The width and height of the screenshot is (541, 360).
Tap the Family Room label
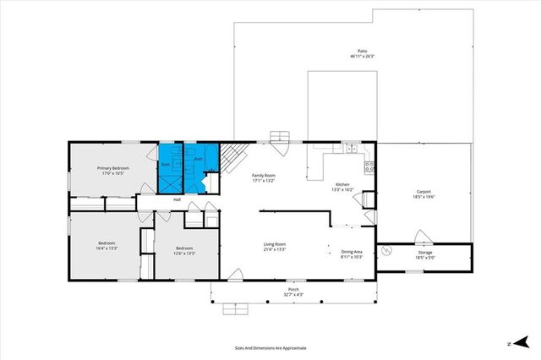click(264, 177)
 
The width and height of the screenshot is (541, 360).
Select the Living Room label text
click(276, 247)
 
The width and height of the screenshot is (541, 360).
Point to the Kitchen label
click(342, 188)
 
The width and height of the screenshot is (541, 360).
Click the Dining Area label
click(351, 253)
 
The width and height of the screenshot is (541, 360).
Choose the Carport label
click(424, 194)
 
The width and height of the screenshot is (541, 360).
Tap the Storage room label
click(424, 254)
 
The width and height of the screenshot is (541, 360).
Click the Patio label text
click(362, 54)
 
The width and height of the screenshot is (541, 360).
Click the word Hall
click(178, 199)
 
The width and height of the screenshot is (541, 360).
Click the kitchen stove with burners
click(369, 167)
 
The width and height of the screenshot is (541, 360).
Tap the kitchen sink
click(349, 149)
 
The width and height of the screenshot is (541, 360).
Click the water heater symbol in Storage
click(389, 251)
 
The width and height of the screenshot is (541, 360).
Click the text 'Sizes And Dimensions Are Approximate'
click(270, 347)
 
